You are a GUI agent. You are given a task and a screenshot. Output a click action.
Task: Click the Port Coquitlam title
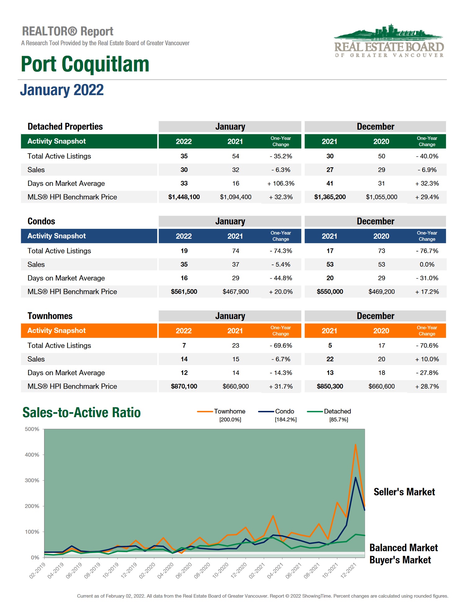85,64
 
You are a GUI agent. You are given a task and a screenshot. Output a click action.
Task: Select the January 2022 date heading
62,90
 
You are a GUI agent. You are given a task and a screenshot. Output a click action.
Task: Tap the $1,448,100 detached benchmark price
184,197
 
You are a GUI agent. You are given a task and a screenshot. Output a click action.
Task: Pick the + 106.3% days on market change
281,183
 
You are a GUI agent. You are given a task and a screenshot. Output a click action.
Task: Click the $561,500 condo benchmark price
184,292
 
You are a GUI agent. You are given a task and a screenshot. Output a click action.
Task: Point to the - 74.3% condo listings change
281,251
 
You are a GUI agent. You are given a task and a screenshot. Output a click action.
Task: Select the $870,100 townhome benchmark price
184,386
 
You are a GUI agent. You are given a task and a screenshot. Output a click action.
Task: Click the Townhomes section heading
50,316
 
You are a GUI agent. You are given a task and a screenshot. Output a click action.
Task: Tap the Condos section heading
41,221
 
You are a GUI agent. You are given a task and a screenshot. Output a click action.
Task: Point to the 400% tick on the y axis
32,455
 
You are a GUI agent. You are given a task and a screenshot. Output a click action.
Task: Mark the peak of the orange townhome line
355,445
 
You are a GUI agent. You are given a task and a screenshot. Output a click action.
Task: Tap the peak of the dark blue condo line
355,478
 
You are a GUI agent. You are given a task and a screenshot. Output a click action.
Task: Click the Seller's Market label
404,492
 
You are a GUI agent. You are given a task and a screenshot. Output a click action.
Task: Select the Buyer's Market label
400,560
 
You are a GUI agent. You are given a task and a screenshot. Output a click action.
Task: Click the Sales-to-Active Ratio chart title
82,413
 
